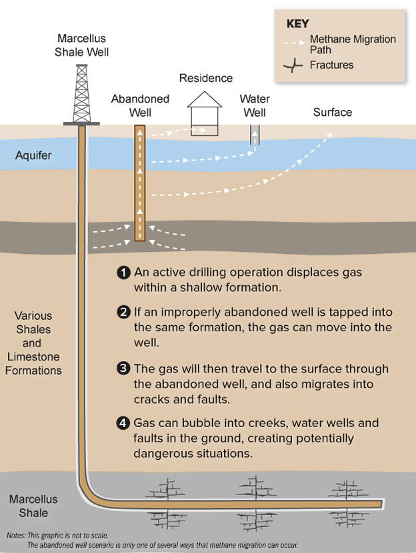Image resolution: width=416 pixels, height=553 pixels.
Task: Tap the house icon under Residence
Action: coord(204,113)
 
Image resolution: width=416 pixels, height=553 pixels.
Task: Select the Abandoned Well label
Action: coord(140,105)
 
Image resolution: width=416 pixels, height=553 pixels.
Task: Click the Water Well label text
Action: coord(255,105)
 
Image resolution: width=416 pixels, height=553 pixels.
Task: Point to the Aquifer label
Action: coord(34,156)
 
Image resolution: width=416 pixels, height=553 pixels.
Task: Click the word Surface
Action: coord(332,112)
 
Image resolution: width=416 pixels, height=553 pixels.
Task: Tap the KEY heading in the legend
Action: coord(297,23)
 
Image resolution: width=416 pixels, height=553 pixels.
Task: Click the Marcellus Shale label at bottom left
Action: coord(33,506)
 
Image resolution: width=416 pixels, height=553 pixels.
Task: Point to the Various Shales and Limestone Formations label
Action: coord(33,342)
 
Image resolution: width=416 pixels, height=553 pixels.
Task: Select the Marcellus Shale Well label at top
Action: coord(82,45)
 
